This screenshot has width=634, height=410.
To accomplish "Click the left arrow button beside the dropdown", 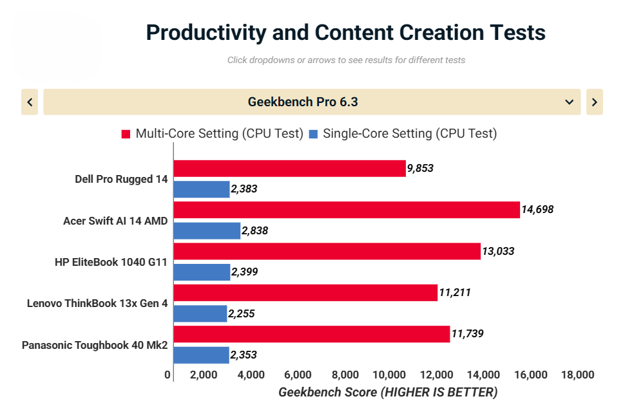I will click(30, 102).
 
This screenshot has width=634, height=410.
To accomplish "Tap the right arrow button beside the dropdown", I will click(594, 102).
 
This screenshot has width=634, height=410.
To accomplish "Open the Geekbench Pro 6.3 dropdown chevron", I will click(569, 102).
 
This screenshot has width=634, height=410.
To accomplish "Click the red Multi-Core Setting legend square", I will click(126, 134).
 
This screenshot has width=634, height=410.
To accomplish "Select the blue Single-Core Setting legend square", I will click(313, 134).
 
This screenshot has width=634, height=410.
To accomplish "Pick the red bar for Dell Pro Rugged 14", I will click(289, 169).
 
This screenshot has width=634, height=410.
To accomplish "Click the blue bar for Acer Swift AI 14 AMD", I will click(207, 230).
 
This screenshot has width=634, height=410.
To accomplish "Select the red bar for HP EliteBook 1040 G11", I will click(327, 251).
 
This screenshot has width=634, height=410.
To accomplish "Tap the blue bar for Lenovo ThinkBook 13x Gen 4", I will click(200, 313).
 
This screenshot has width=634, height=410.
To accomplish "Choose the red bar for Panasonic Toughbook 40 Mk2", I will click(311, 334).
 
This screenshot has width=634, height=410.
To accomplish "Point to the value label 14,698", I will click(537, 209).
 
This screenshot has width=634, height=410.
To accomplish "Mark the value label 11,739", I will click(467, 333).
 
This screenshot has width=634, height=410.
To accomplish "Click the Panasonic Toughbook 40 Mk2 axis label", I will click(95, 345).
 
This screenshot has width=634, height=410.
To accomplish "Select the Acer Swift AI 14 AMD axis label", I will click(115, 221).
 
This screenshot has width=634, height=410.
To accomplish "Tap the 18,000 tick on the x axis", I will click(577, 375).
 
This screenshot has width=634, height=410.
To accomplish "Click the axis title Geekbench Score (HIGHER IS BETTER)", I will click(388, 392).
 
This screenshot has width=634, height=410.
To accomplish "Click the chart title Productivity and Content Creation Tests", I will click(345, 32).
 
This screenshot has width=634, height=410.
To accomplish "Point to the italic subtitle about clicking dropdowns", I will click(346, 60).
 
